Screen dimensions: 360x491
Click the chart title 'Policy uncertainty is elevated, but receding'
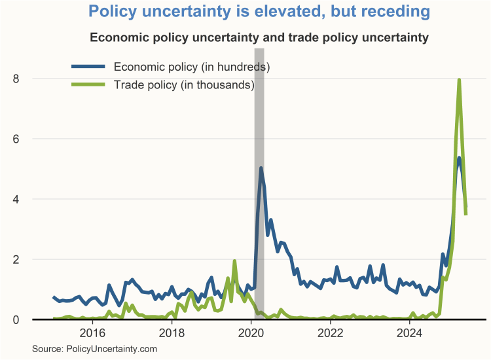pos(259,12)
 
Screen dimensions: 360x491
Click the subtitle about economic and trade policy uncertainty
pos(259,37)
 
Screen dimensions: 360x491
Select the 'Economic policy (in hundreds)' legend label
pos(191,67)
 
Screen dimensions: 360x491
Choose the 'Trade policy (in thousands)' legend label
pos(183,84)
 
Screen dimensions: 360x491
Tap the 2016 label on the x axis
pos(92,333)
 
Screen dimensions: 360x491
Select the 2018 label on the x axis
pos(172,333)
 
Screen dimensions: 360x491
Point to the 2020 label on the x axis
pos(251,333)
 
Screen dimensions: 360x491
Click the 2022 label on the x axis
pos(331,333)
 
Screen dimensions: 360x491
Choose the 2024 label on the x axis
pos(410,333)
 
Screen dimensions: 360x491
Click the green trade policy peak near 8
pos(459,80)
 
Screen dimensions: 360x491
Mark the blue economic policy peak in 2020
pos(261,168)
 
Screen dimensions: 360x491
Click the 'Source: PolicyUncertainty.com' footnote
pos(95,350)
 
